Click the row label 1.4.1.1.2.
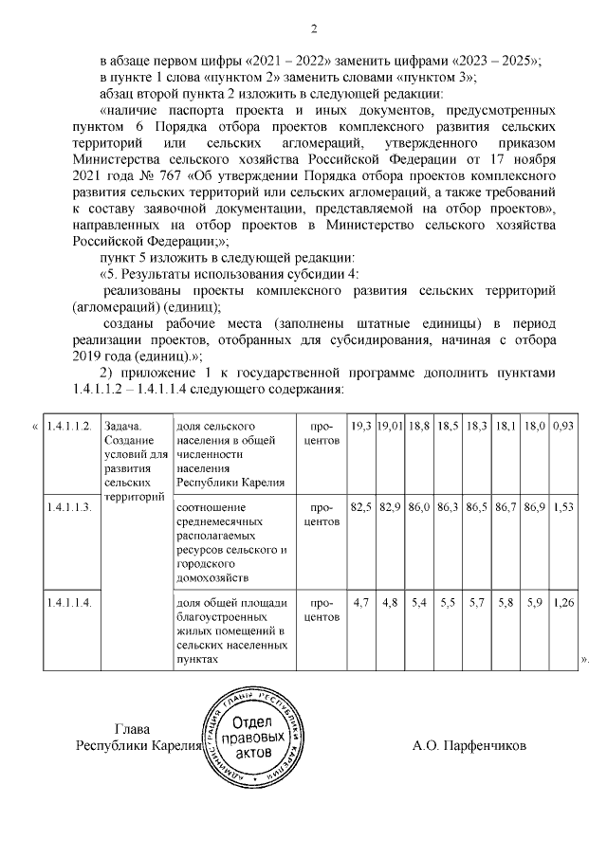[x=68, y=427]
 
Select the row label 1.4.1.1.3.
[x=68, y=509]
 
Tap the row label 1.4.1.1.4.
[x=68, y=601]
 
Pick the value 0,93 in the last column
[x=563, y=427]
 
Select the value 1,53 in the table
[x=563, y=509]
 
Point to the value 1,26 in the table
[x=563, y=601]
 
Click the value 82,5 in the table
[x=360, y=509]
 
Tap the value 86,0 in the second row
[x=419, y=509]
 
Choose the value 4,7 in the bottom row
[x=360, y=601]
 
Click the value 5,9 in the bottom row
[x=536, y=601]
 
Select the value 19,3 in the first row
[x=360, y=427]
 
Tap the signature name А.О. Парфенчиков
[x=469, y=745]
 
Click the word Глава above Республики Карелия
[x=132, y=730]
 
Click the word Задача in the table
[x=123, y=427]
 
